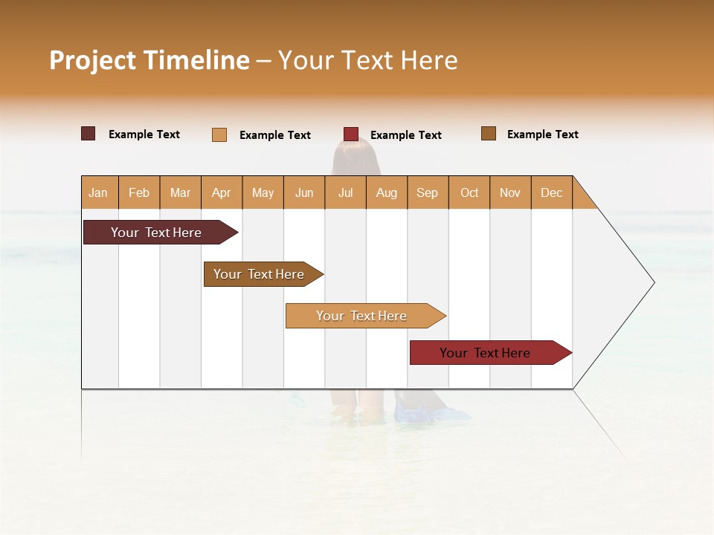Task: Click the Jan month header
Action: tap(98, 192)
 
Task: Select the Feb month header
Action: tap(139, 192)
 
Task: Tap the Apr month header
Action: tap(221, 192)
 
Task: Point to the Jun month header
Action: tap(304, 192)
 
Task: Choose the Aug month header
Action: tap(386, 192)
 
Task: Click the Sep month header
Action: tap(427, 192)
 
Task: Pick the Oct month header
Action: tap(469, 192)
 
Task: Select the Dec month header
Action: tap(551, 192)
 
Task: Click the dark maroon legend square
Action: tap(89, 134)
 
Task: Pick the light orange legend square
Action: tap(219, 134)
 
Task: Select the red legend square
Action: tap(351, 134)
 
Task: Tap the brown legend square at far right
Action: tap(489, 134)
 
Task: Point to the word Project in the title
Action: tap(93, 60)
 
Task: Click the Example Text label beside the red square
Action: tap(405, 135)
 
